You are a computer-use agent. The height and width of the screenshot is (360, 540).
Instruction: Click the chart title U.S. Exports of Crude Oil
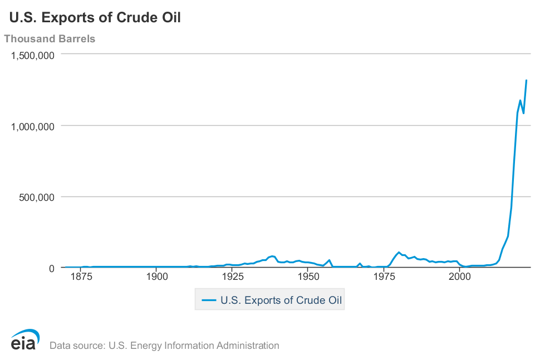tap(95, 18)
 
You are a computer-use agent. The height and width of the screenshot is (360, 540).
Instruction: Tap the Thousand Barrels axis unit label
tap(50, 38)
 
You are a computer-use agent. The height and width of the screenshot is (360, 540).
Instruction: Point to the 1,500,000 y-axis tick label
tap(33, 56)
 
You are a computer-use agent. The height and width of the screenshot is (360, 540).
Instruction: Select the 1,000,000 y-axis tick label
tap(33, 127)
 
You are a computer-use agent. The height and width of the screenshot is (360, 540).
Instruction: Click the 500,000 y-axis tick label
tap(37, 198)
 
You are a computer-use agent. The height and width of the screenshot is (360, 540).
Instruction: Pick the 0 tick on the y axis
tap(52, 268)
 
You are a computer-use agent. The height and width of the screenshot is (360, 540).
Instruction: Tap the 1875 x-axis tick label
tap(81, 277)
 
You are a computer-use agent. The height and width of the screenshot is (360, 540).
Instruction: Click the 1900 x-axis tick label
tap(157, 277)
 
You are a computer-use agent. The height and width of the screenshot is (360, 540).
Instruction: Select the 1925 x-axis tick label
tap(233, 277)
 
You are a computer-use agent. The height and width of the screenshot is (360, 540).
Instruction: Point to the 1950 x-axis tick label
tap(308, 277)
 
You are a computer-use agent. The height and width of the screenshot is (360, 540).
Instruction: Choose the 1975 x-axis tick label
tap(384, 277)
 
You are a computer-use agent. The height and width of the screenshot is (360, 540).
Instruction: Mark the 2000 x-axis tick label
tap(460, 277)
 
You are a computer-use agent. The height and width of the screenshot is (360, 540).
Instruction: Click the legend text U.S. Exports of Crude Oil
tap(281, 300)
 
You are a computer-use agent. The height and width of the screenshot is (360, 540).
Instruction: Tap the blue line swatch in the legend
tap(209, 300)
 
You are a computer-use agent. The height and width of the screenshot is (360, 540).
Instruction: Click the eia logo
tap(25, 340)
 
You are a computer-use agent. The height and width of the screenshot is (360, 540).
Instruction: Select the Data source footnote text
tap(164, 346)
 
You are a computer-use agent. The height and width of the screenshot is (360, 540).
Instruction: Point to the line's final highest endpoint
tap(526, 80)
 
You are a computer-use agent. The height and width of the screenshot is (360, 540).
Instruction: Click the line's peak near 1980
tap(399, 252)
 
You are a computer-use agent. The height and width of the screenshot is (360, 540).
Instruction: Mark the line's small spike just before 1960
tap(330, 260)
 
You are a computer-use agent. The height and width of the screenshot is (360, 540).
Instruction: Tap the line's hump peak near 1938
tap(272, 256)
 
